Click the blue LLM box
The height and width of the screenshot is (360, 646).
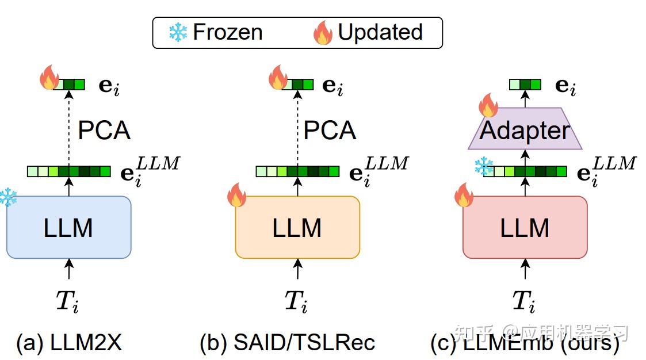coord(68,227)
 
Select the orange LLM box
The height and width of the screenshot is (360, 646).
coord(297,227)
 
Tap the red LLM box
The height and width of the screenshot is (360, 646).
coord(524,227)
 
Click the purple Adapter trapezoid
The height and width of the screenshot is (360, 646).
coord(525,131)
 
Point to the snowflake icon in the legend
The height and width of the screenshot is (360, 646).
coord(178,33)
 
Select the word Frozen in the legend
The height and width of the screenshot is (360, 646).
coord(227,32)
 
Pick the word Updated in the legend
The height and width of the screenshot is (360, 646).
coord(380,32)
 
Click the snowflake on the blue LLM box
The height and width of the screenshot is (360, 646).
coord(8,197)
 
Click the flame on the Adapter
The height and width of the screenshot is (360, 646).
coord(488,106)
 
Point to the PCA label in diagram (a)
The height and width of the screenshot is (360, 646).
coord(104,131)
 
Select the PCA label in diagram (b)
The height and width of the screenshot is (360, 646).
coord(330,131)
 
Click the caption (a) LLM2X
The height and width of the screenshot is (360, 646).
coord(69,343)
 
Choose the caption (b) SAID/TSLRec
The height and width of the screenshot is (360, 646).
coord(287,343)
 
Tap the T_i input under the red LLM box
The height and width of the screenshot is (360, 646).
coord(524,301)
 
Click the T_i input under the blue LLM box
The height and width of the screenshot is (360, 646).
coord(67,301)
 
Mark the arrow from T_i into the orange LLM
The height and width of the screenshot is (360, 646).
coord(297,269)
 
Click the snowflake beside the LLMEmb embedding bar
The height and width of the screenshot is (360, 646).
coord(484,167)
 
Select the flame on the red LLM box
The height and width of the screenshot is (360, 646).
coord(464,196)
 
